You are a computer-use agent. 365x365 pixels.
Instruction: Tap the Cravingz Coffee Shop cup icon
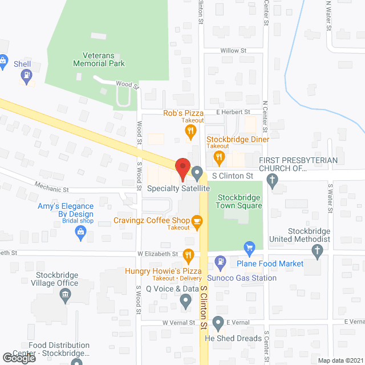point(197,221)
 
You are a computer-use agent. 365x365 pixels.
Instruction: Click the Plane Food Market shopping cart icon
point(249,248)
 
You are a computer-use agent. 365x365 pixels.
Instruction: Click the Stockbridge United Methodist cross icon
point(318,250)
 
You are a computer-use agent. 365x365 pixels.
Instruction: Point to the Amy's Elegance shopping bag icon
point(81,232)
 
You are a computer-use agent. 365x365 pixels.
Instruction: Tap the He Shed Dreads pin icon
point(218,324)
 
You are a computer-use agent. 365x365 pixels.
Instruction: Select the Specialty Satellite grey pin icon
point(197,172)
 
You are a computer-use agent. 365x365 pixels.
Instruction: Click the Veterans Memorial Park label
point(99,59)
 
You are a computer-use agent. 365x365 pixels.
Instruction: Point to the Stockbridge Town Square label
point(240,201)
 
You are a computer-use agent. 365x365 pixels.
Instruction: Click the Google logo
point(18,358)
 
